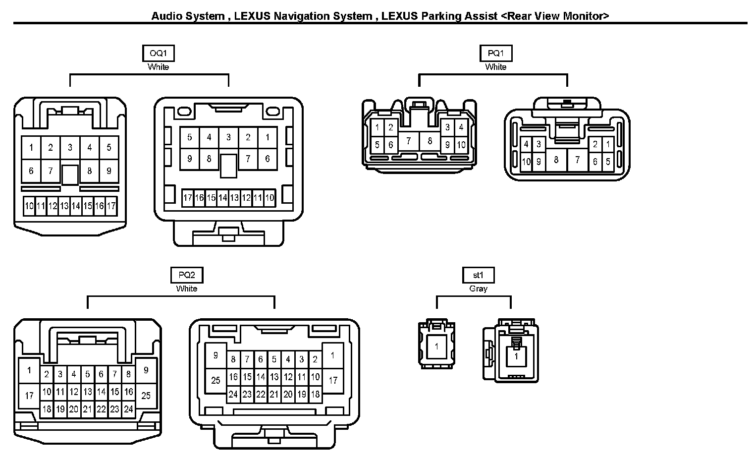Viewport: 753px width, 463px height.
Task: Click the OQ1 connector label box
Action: [x=159, y=53]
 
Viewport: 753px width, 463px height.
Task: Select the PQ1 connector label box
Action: [x=496, y=53]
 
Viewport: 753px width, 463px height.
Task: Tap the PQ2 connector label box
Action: [x=187, y=275]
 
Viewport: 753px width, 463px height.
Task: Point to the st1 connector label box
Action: [x=479, y=275]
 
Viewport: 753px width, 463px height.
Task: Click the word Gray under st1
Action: [x=479, y=289]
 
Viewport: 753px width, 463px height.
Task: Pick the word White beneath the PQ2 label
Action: [x=187, y=289]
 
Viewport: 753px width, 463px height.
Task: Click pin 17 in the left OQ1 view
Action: [x=111, y=206]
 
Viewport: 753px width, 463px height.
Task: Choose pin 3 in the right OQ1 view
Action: [x=228, y=137]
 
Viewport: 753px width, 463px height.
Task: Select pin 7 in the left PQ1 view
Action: [x=408, y=141]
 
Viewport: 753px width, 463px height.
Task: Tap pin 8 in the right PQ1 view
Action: [x=556, y=160]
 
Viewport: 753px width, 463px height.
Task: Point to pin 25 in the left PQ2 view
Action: [x=146, y=396]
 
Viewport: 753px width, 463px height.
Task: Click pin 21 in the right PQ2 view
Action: [x=274, y=394]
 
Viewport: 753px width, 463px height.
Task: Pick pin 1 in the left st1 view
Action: [x=436, y=346]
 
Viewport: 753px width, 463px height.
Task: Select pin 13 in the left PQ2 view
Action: [x=88, y=392]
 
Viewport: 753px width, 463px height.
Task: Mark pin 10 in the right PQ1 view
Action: [x=526, y=162]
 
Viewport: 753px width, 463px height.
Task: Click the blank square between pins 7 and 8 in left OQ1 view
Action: [x=70, y=175]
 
